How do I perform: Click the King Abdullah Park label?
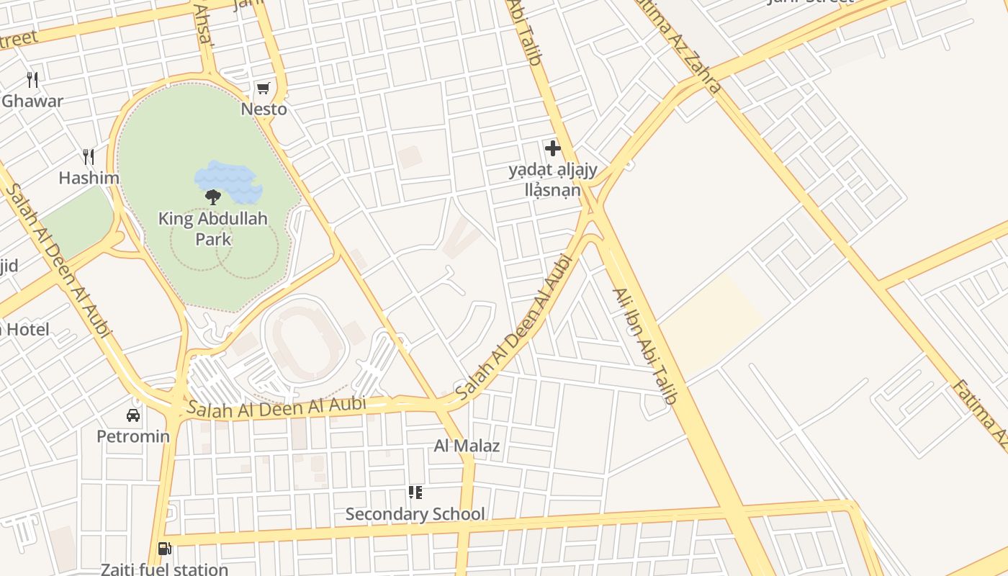pos(213,228)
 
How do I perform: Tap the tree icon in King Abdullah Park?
pos(212,197)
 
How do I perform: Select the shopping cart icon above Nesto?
pos(264,89)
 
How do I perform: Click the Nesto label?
pos(264,109)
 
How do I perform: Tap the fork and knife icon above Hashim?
pos(89,156)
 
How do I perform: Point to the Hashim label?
pos(89,178)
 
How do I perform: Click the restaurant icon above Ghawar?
pos(32,79)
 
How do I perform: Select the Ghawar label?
pos(32,101)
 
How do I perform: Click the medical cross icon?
pos(553,148)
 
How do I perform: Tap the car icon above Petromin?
pos(133,415)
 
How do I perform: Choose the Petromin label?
pos(133,436)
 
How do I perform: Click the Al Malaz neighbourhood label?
pos(467,446)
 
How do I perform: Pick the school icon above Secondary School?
pos(415,492)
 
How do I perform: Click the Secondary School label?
pos(415,514)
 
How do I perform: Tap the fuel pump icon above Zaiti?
pos(165,549)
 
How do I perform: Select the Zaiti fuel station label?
pos(164,569)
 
